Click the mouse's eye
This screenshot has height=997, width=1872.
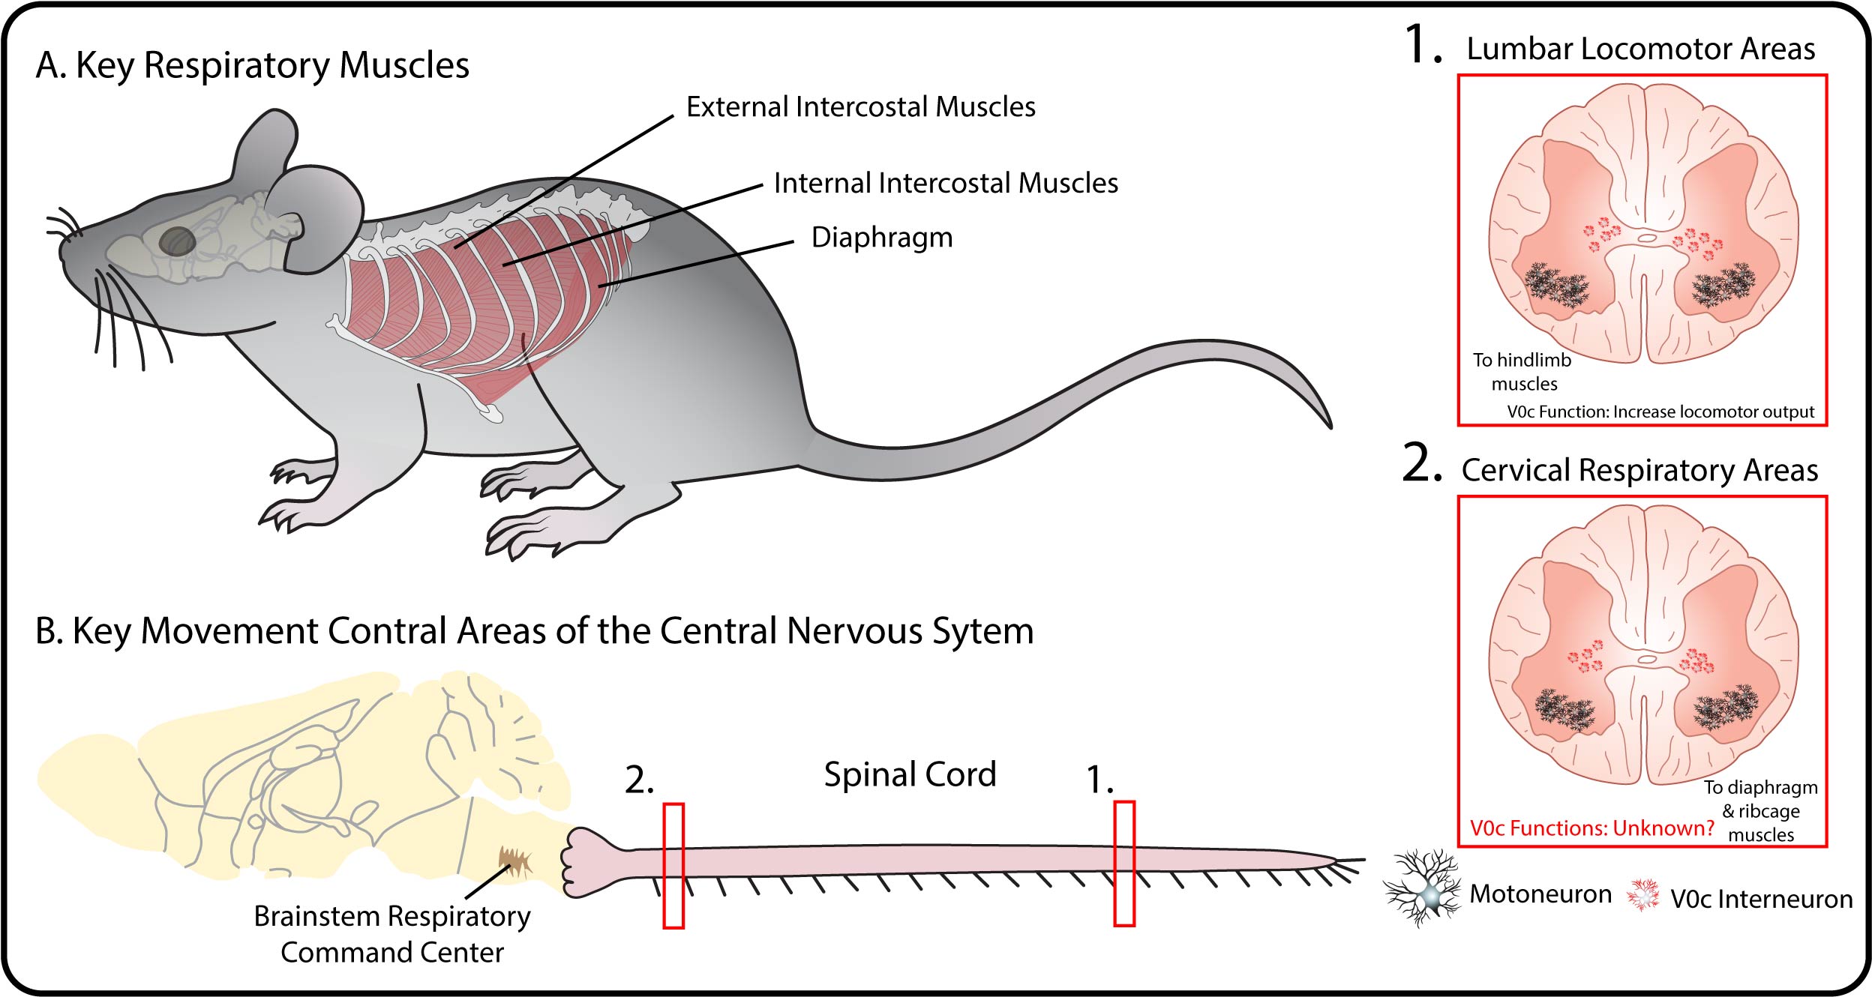(178, 241)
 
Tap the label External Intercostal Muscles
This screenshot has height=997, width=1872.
(860, 107)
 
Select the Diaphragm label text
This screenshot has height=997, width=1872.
(881, 238)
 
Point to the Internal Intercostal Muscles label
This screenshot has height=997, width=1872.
(945, 184)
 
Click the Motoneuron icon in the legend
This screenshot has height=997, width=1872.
(1421, 889)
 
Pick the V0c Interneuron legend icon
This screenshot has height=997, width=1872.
(1642, 894)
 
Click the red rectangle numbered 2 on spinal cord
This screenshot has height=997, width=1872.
(673, 865)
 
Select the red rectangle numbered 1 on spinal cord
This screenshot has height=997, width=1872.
(1123, 864)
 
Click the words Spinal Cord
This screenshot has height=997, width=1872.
(909, 775)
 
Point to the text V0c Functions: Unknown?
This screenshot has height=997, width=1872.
(1591, 828)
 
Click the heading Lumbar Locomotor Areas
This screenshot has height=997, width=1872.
(1640, 49)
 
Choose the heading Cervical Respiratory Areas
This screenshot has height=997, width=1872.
(1639, 471)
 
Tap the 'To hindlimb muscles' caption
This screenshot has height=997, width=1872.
(1522, 372)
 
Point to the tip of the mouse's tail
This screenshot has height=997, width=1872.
(1328, 425)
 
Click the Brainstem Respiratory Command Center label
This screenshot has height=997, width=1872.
(391, 934)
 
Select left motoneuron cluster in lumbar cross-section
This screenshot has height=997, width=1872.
(1556, 286)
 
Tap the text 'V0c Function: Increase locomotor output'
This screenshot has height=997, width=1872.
(1660, 412)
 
